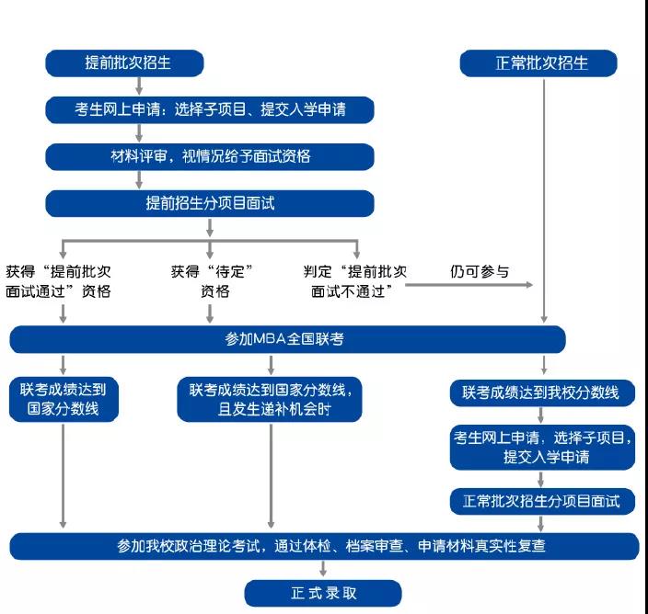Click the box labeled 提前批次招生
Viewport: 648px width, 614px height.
[123, 63]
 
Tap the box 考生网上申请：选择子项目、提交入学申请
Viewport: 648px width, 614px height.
[210, 110]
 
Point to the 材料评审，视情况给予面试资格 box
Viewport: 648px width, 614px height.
[210, 156]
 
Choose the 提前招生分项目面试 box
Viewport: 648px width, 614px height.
[210, 203]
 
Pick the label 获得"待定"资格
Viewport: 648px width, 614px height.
[212, 281]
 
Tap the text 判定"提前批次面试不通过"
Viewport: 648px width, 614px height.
[356, 281]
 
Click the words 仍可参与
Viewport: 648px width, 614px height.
[480, 272]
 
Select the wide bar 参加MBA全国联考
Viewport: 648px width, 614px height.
[286, 339]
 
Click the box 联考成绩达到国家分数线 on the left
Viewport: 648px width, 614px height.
[64, 400]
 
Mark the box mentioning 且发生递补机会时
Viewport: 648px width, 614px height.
[270, 400]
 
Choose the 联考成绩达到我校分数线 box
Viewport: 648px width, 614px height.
[541, 393]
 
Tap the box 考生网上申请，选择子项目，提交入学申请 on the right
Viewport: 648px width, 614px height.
[541, 447]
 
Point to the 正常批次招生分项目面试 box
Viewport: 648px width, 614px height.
[541, 501]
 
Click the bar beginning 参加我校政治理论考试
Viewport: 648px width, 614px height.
[324, 546]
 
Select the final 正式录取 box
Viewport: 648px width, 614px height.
[323, 593]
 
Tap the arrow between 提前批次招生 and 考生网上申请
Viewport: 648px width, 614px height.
[137, 87]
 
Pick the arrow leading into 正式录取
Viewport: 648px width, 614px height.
[323, 570]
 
